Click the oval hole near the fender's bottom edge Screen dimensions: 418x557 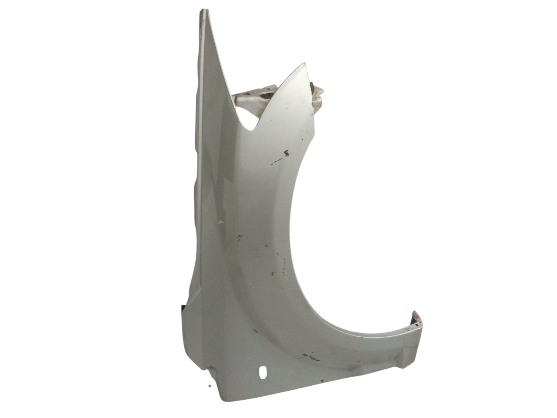click(x=263, y=373)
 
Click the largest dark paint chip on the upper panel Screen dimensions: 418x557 click(x=286, y=152)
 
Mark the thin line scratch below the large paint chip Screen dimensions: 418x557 click(x=277, y=161)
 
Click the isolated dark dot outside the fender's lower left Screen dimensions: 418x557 click(x=209, y=386)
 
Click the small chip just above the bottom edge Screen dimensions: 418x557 click(x=322, y=381)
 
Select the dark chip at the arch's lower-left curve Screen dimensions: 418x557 click(x=255, y=331)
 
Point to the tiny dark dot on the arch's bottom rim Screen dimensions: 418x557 click(x=361, y=337)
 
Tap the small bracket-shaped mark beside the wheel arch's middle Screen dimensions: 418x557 click(x=273, y=273)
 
